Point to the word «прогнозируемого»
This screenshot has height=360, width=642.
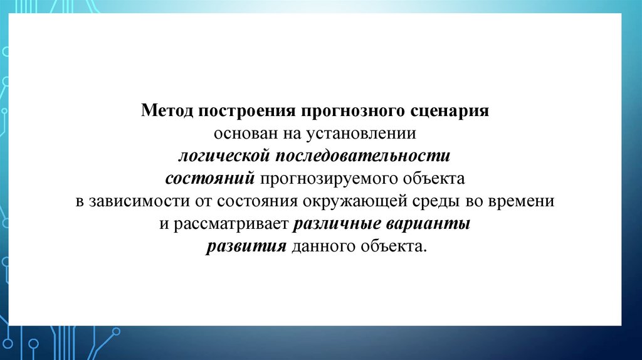333,179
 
